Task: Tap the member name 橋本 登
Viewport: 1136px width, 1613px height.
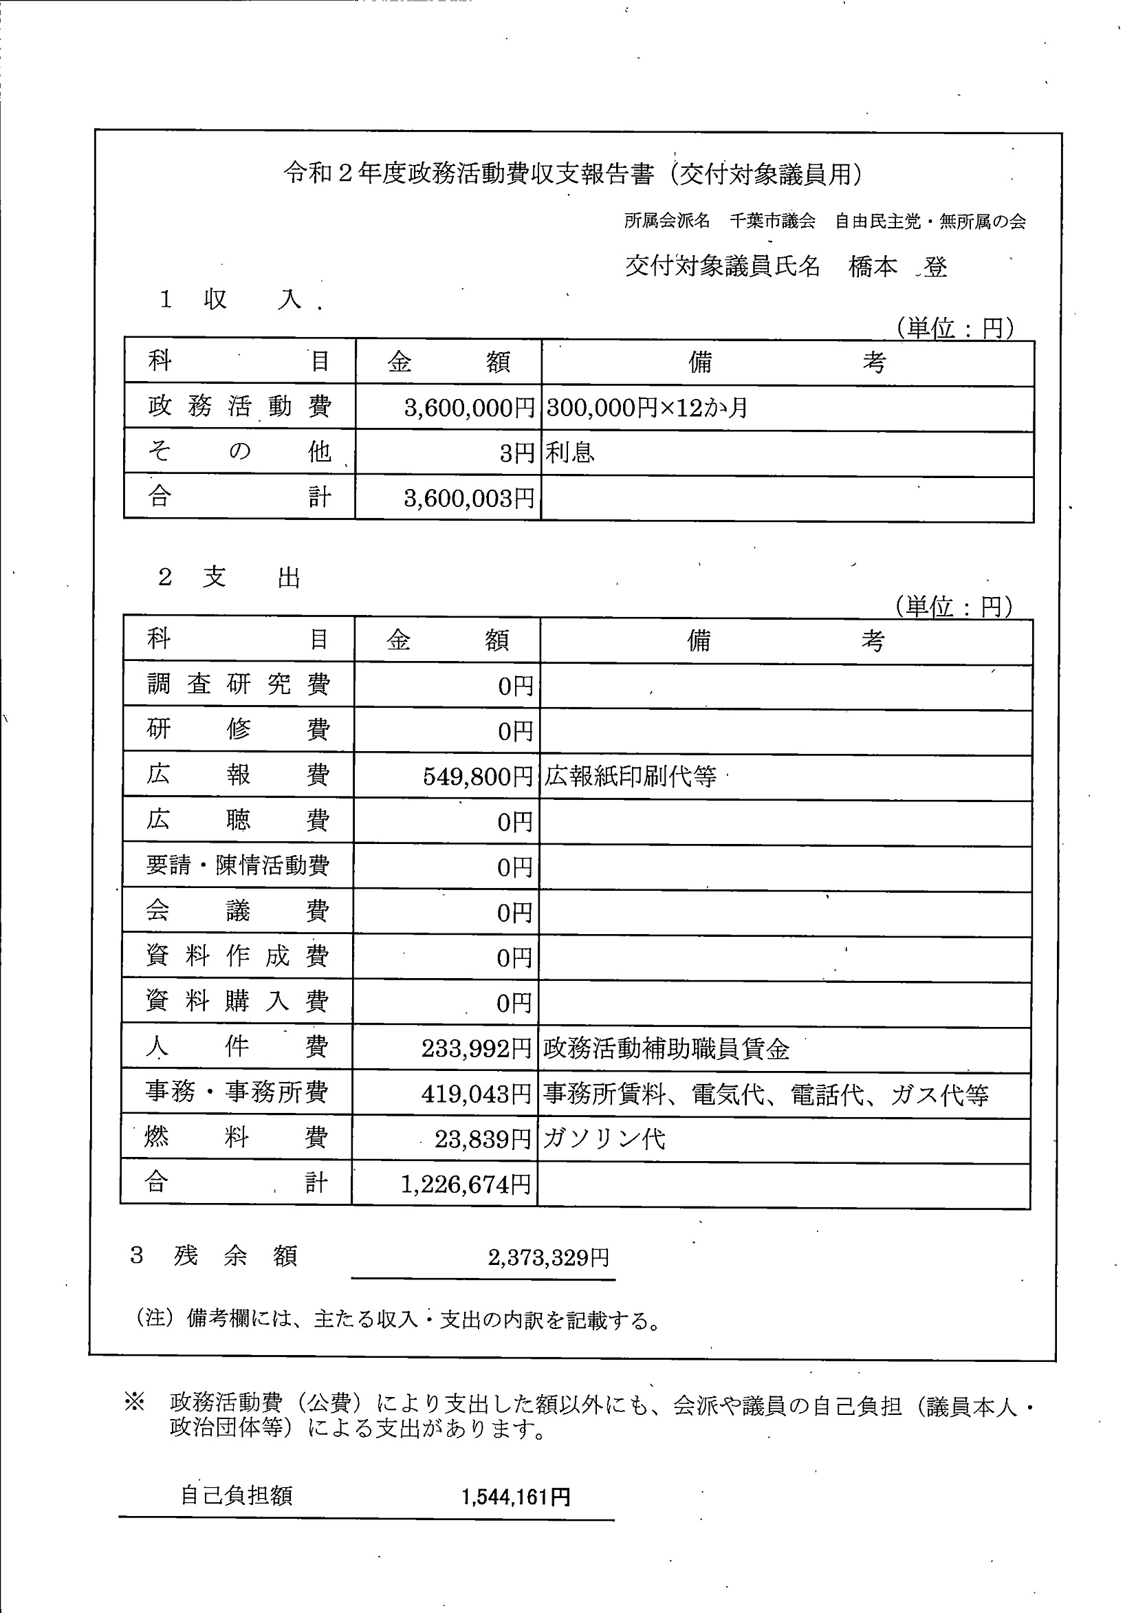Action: click(x=897, y=266)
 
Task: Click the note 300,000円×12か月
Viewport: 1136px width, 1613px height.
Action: click(x=646, y=407)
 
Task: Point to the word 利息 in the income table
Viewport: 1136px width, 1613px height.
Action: click(x=570, y=453)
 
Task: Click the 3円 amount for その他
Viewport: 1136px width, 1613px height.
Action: click(x=517, y=453)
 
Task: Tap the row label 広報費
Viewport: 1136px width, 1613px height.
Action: click(x=237, y=775)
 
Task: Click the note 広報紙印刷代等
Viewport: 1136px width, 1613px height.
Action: click(x=629, y=777)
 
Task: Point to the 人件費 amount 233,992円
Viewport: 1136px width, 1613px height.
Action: click(x=477, y=1048)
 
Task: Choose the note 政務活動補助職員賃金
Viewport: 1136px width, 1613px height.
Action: click(x=666, y=1049)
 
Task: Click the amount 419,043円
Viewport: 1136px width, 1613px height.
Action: click(x=477, y=1094)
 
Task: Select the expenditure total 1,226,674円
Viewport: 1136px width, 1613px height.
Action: click(x=466, y=1184)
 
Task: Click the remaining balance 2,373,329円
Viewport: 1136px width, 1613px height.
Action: click(x=549, y=1257)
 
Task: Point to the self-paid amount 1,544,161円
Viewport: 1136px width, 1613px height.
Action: click(x=516, y=1497)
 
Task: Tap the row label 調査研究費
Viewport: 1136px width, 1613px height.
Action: click(x=237, y=684)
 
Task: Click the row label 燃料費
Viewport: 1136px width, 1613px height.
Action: click(x=236, y=1138)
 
